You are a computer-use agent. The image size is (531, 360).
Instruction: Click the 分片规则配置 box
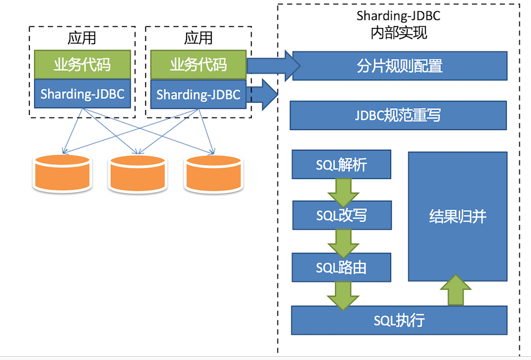point(399,65)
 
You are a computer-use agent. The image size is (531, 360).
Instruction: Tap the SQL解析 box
point(341,165)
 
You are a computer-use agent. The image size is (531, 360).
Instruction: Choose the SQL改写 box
point(341,216)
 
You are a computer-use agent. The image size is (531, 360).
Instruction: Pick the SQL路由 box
point(341,268)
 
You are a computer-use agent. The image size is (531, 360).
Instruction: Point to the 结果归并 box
point(458,216)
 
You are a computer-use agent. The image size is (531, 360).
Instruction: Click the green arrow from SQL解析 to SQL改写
point(341,190)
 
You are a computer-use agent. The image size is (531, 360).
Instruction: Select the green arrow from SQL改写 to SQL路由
point(341,242)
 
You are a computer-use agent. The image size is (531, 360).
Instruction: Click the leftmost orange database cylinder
point(62,173)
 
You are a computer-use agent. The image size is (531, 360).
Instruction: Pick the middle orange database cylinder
point(137,173)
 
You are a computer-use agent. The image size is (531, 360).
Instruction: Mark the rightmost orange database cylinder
point(213,173)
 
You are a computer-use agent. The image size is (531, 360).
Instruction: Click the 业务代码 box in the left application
point(83,64)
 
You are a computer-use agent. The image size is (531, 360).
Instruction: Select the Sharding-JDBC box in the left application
point(83,95)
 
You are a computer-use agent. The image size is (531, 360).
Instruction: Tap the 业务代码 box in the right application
point(198,64)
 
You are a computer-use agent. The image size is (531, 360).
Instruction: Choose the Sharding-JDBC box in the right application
point(198,95)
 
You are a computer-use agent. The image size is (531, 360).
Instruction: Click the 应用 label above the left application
point(82,37)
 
